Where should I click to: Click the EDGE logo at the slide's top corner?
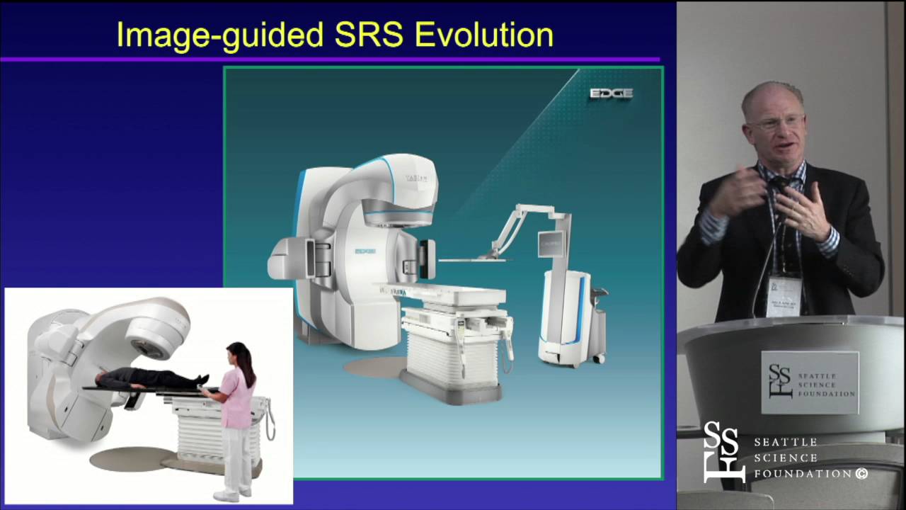pyautogui.click(x=611, y=93)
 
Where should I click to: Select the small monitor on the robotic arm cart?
pyautogui.click(x=551, y=243)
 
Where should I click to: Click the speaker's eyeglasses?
pyautogui.click(x=774, y=123)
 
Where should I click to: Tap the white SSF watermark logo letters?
pyautogui.click(x=722, y=452)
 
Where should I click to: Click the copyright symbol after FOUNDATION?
pyautogui.click(x=861, y=474)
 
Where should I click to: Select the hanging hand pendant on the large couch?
pyautogui.click(x=508, y=340)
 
